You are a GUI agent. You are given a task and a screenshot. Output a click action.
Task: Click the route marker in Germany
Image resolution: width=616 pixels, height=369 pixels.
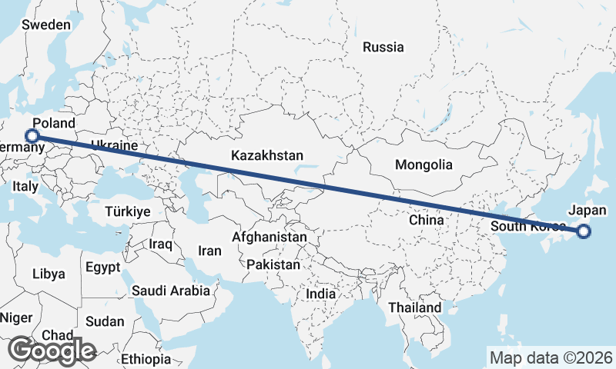(x=32, y=135)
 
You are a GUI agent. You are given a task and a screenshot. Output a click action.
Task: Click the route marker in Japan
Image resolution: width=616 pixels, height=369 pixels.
(x=583, y=231)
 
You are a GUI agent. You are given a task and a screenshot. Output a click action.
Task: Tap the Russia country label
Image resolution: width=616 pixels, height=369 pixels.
(x=383, y=48)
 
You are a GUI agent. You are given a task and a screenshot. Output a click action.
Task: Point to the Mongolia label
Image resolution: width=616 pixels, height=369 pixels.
(x=423, y=165)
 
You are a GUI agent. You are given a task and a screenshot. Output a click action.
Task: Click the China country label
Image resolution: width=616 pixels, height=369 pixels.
(x=427, y=220)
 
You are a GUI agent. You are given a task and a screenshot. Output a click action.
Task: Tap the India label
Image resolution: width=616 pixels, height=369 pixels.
(x=320, y=294)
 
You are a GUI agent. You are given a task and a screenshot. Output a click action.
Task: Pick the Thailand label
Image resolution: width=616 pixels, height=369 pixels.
(x=415, y=307)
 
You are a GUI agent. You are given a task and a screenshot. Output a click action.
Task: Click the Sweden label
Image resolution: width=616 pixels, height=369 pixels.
(x=46, y=25)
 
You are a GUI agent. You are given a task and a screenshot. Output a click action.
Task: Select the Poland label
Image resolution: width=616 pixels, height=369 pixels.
(x=54, y=123)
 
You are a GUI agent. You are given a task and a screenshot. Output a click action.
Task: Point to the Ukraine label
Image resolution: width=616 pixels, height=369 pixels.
(x=113, y=145)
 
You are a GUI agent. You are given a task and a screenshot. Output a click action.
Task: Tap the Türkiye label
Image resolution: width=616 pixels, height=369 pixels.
(x=128, y=211)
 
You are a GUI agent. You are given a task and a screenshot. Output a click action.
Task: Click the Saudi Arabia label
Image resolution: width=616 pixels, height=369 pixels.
(x=170, y=291)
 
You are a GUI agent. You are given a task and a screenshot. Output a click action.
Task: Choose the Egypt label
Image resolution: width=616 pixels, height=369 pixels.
(x=103, y=268)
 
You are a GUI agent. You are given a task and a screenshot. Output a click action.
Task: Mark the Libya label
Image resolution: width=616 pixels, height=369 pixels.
(x=49, y=274)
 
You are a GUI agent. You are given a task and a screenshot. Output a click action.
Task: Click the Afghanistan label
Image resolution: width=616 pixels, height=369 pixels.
(x=269, y=238)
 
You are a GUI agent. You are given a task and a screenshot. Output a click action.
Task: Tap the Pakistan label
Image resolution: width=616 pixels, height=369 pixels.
(x=273, y=264)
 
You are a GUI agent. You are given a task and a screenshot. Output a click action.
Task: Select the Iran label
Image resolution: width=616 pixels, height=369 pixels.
(x=209, y=251)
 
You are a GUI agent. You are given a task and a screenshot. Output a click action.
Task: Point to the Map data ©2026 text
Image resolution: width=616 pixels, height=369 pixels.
(x=551, y=357)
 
